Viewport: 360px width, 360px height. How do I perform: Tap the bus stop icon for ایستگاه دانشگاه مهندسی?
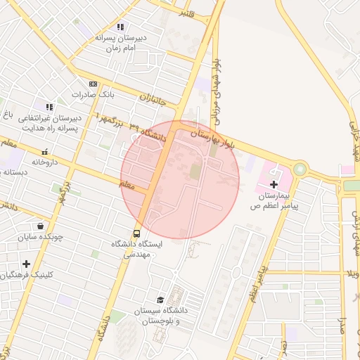[136, 233]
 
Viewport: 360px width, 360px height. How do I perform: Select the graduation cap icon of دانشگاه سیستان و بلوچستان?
[160, 300]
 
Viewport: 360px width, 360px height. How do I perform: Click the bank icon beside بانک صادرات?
[92, 83]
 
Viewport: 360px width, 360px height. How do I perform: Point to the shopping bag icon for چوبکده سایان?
[41, 226]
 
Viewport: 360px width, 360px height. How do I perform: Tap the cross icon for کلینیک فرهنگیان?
[26, 264]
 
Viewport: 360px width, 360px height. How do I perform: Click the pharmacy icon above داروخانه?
[45, 151]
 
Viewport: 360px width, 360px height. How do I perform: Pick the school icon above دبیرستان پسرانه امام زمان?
[121, 27]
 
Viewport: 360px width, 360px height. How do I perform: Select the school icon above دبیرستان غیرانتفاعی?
[49, 107]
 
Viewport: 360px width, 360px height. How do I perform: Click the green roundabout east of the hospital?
[300, 169]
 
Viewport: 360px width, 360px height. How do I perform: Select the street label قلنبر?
[186, 12]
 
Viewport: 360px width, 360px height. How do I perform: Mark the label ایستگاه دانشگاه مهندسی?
[137, 250]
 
